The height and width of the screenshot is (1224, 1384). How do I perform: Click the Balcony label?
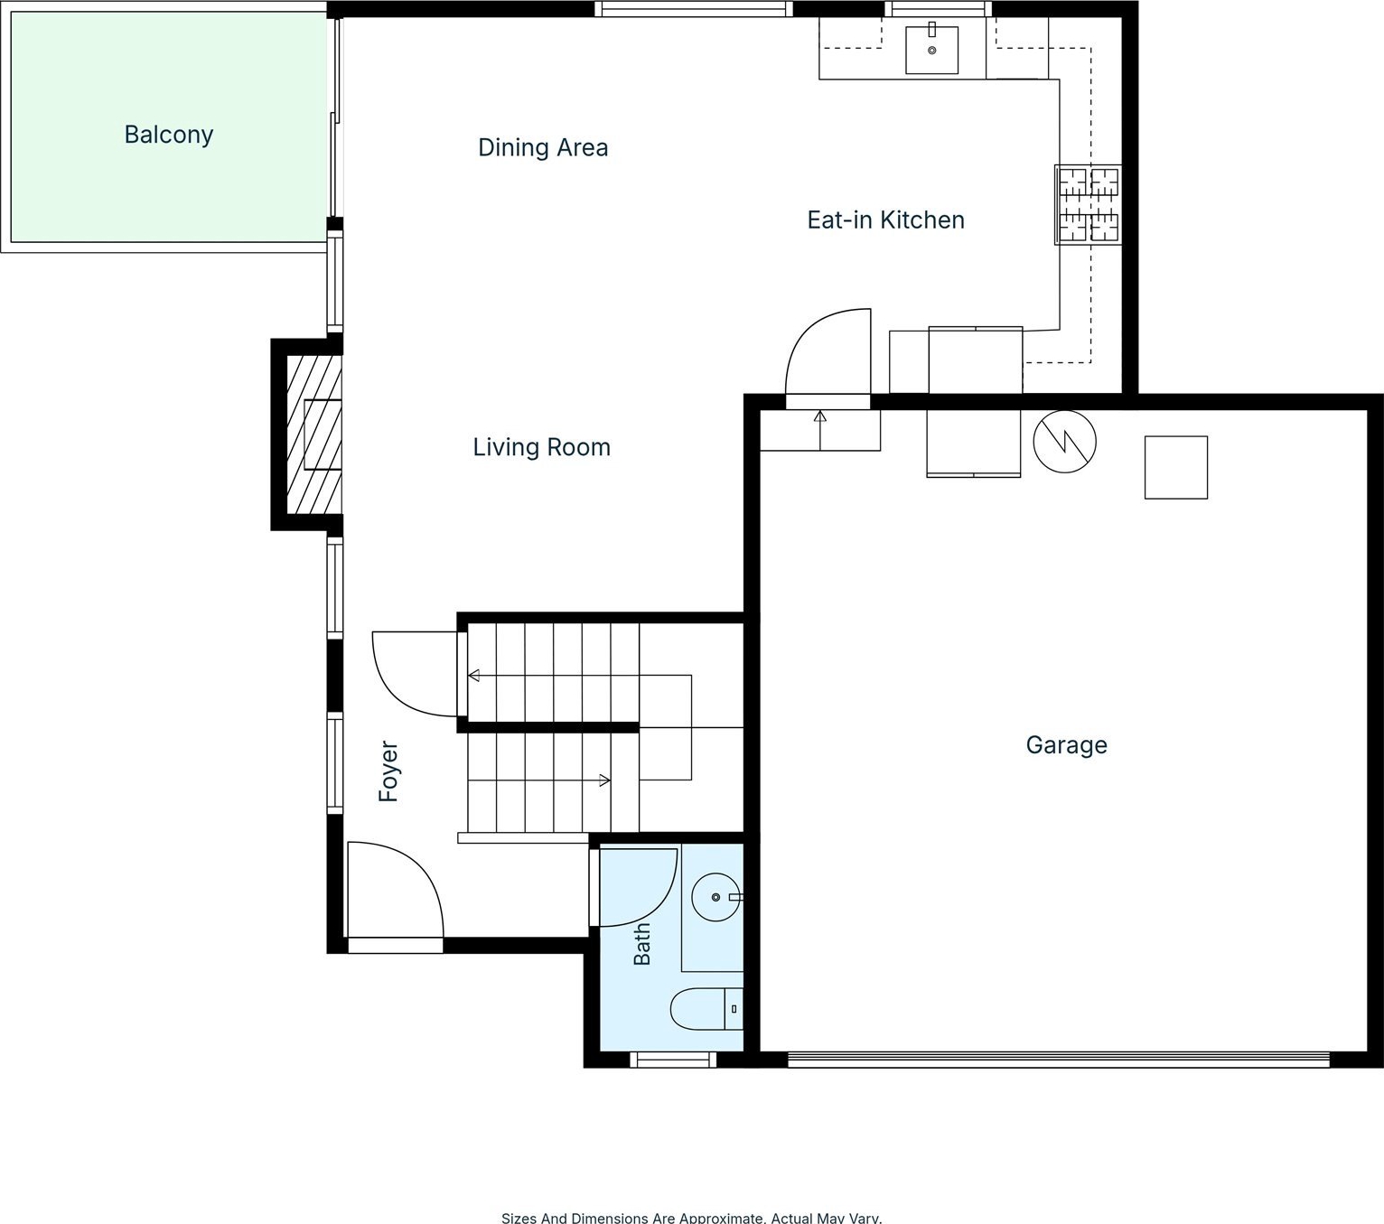coord(169,135)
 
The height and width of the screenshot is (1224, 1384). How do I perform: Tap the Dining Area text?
coord(543,147)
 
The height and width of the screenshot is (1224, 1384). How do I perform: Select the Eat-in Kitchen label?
coord(886,220)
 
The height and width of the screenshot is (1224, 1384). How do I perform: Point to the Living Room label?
coord(542,447)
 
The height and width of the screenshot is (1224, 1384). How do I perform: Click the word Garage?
coord(1066,744)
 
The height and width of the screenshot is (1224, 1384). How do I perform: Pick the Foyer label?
coord(388,771)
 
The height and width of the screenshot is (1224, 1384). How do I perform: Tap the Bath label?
coord(642,944)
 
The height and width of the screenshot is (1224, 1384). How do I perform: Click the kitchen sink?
coord(931,50)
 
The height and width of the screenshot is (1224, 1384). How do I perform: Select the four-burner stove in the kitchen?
coord(1088,204)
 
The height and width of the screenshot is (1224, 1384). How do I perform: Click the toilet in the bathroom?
coord(706,1009)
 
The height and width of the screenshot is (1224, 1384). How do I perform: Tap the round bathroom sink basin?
coord(715,897)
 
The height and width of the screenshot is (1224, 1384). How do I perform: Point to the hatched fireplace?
coord(313,434)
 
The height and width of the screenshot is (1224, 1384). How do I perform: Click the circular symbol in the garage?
coord(1064,441)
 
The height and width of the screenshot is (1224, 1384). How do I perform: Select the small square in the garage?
coord(1176,467)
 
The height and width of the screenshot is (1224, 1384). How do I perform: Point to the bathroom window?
coord(673,1060)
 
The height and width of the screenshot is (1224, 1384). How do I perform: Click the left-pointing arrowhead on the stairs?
coord(473,676)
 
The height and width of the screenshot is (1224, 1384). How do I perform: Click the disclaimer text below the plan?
coord(691,1217)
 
